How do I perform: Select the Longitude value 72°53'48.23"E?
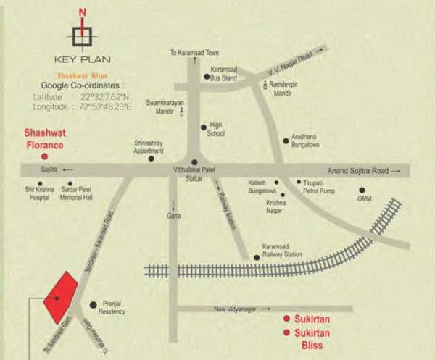click(109, 106)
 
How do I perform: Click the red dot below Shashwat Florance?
click(44, 156)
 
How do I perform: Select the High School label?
click(217, 130)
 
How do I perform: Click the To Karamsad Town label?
click(194, 52)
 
